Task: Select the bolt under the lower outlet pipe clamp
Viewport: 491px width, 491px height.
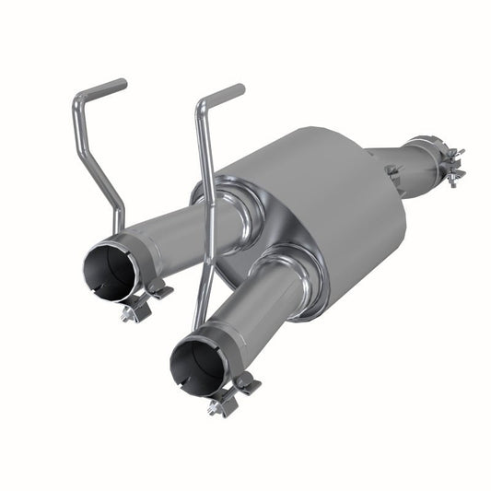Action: (221, 405)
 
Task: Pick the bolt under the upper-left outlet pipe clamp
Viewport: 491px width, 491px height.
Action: (131, 313)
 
